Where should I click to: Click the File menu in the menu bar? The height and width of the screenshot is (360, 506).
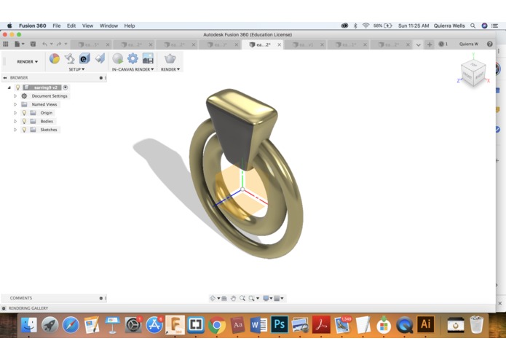click(x=56, y=26)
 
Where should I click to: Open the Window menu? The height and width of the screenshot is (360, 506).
click(x=108, y=26)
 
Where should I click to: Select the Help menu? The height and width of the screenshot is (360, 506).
click(x=130, y=26)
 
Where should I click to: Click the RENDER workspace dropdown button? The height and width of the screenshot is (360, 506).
click(x=28, y=61)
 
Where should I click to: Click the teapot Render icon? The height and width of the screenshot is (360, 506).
click(x=170, y=58)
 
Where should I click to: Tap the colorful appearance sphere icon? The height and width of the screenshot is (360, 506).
click(x=54, y=58)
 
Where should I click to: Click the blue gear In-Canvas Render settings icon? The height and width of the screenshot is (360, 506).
click(x=133, y=58)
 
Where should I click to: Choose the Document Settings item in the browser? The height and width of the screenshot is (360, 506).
click(x=50, y=96)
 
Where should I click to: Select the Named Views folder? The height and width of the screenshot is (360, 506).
click(x=44, y=104)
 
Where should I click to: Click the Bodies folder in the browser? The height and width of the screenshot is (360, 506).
click(x=47, y=121)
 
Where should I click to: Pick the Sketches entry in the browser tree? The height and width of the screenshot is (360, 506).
click(x=49, y=130)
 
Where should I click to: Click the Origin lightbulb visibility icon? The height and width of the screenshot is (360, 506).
click(x=24, y=113)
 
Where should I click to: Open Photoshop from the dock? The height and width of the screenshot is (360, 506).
click(x=280, y=324)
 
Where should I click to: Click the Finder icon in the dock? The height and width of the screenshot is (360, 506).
click(x=28, y=324)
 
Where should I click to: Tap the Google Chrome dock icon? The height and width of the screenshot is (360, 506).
click(x=216, y=324)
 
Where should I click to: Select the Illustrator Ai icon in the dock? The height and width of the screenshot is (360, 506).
click(x=425, y=324)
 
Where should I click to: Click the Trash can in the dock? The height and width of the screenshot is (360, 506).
click(x=476, y=324)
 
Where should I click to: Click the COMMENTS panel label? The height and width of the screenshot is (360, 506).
click(x=21, y=298)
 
